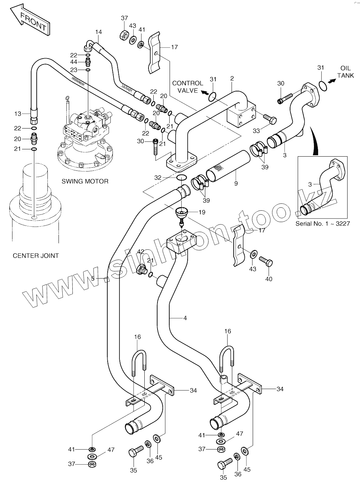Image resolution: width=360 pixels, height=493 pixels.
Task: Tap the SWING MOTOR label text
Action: coord(85,181)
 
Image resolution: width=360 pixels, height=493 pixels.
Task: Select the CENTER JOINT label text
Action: coord(36,256)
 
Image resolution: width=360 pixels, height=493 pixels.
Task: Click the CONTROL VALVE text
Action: coord(188,87)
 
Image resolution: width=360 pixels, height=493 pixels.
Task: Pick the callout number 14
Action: coord(99,32)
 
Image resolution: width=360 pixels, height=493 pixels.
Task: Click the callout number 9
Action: coord(236,184)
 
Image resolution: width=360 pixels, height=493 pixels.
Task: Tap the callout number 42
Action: coord(141,252)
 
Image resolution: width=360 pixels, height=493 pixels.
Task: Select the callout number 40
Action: coord(269,279)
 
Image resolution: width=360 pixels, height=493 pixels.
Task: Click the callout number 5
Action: coord(93,278)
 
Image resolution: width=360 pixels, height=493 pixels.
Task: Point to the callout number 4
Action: coord(185,317)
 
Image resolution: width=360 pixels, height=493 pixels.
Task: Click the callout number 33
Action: coord(256,131)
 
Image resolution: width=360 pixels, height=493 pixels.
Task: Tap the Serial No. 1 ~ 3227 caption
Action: coord(323,223)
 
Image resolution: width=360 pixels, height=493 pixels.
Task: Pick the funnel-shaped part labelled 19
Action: coord(182,213)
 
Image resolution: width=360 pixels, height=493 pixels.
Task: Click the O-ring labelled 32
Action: coord(181,177)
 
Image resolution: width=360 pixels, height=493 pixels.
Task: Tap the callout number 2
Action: coord(232,79)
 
